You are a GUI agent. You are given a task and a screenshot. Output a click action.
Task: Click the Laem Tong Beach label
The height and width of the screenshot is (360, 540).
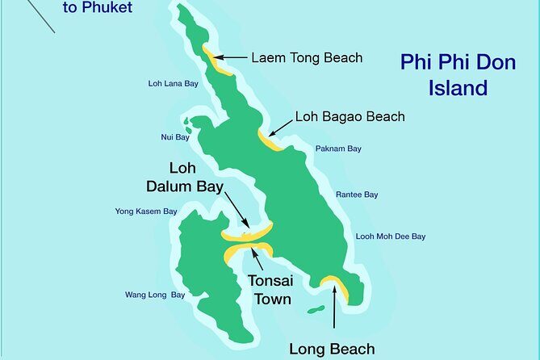[x=306, y=57]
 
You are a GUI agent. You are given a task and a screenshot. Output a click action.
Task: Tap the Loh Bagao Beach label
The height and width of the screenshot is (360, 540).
[x=350, y=117]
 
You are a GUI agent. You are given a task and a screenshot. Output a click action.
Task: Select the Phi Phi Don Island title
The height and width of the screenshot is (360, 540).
[x=458, y=74]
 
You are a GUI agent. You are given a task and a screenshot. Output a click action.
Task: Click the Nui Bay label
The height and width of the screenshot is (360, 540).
[x=174, y=137]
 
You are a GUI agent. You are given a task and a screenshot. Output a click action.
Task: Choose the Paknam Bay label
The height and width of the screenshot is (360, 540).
[x=338, y=149]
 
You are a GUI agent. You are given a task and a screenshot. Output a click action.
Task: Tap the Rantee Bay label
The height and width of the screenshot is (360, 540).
[x=357, y=195]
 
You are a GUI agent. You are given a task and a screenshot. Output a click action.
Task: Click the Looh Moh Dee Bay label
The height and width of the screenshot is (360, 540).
[x=390, y=237]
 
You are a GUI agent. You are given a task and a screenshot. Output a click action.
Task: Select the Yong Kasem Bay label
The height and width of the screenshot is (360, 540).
[x=146, y=211]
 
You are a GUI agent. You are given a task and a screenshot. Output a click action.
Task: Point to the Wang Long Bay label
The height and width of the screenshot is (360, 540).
[x=155, y=295]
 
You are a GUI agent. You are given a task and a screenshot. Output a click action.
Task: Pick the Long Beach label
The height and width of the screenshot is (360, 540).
[x=332, y=349]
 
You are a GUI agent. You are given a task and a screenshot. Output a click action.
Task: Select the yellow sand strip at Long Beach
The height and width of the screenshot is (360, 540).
[x=336, y=287]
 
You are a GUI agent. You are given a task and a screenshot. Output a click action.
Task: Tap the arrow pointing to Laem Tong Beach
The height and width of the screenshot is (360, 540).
[x=232, y=57]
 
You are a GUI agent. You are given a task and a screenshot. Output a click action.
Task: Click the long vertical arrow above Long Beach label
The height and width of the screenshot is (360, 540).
[x=333, y=310]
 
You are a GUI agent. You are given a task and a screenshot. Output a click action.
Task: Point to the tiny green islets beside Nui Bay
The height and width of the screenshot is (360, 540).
[x=188, y=126]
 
